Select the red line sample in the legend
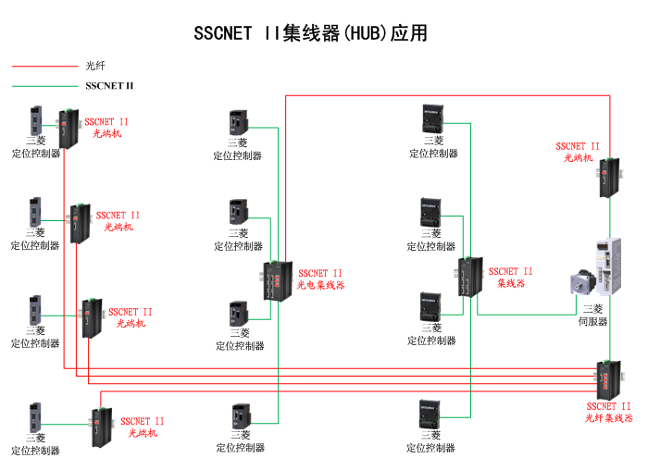[x=44, y=66]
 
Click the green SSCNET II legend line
[x=44, y=86]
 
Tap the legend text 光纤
[x=95, y=66]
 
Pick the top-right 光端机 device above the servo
[x=607, y=178]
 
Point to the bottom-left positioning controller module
[x=35, y=417]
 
